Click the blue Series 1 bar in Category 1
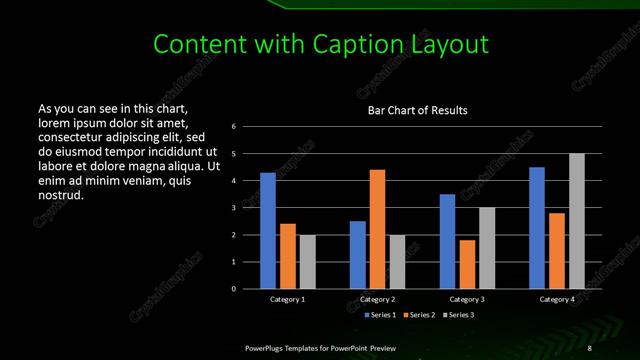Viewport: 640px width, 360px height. click(x=268, y=231)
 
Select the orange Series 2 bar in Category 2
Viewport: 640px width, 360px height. click(x=377, y=229)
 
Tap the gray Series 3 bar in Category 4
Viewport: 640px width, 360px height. click(x=576, y=221)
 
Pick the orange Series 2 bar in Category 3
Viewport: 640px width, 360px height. click(x=467, y=264)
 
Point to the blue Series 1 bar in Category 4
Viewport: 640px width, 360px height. click(x=537, y=228)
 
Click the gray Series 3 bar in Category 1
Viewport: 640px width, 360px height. click(x=307, y=262)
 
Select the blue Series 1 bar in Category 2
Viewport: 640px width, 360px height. click(x=357, y=255)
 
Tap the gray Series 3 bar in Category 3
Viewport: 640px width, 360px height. click(x=486, y=248)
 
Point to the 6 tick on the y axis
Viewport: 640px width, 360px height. click(x=233, y=127)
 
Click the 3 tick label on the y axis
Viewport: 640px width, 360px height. click(x=233, y=208)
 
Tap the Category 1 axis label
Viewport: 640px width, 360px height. click(x=288, y=299)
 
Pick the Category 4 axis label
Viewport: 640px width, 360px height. click(x=557, y=299)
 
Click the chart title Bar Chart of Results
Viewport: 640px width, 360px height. click(x=418, y=110)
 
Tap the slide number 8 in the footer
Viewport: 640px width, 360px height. click(x=590, y=347)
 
